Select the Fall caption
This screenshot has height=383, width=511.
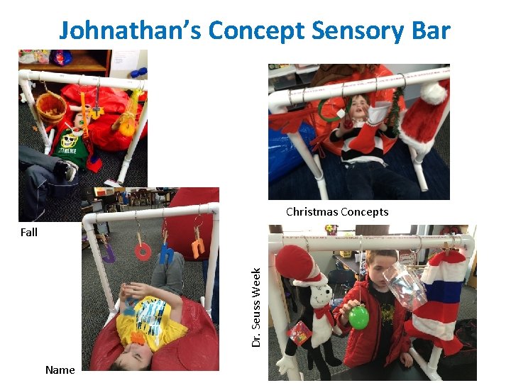[x=29, y=232]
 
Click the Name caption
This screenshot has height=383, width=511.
[x=60, y=370]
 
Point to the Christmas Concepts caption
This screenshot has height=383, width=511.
[x=337, y=211]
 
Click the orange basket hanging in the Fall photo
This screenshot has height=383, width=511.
[x=50, y=108]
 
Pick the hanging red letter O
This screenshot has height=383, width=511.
[x=143, y=251]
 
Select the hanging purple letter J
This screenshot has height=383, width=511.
[x=108, y=252]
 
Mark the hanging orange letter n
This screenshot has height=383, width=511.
[x=198, y=248]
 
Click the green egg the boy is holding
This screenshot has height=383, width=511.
[x=358, y=317]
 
